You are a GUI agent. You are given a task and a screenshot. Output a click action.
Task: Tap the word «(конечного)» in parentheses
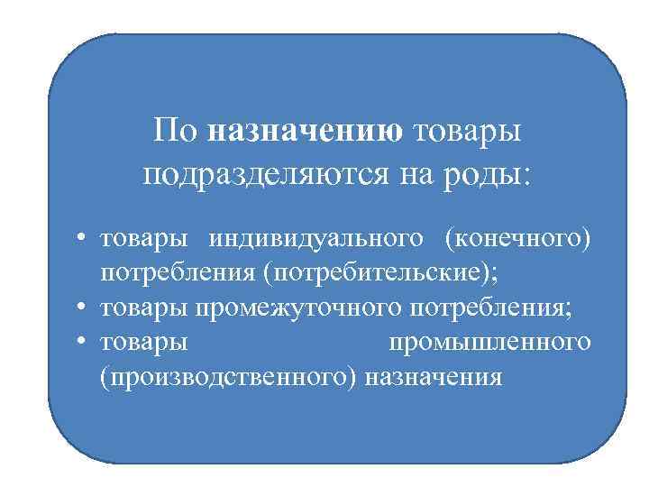[517, 240]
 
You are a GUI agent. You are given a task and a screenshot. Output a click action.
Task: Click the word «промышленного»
[489, 343]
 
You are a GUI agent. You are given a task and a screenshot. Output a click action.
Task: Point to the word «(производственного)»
[230, 376]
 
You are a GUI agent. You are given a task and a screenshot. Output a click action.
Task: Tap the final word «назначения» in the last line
[434, 376]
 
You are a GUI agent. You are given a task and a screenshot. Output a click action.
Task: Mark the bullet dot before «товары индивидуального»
[80, 241]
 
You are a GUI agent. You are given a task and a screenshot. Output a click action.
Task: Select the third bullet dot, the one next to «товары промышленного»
[80, 344]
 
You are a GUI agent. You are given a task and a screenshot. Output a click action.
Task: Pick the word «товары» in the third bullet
[144, 343]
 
